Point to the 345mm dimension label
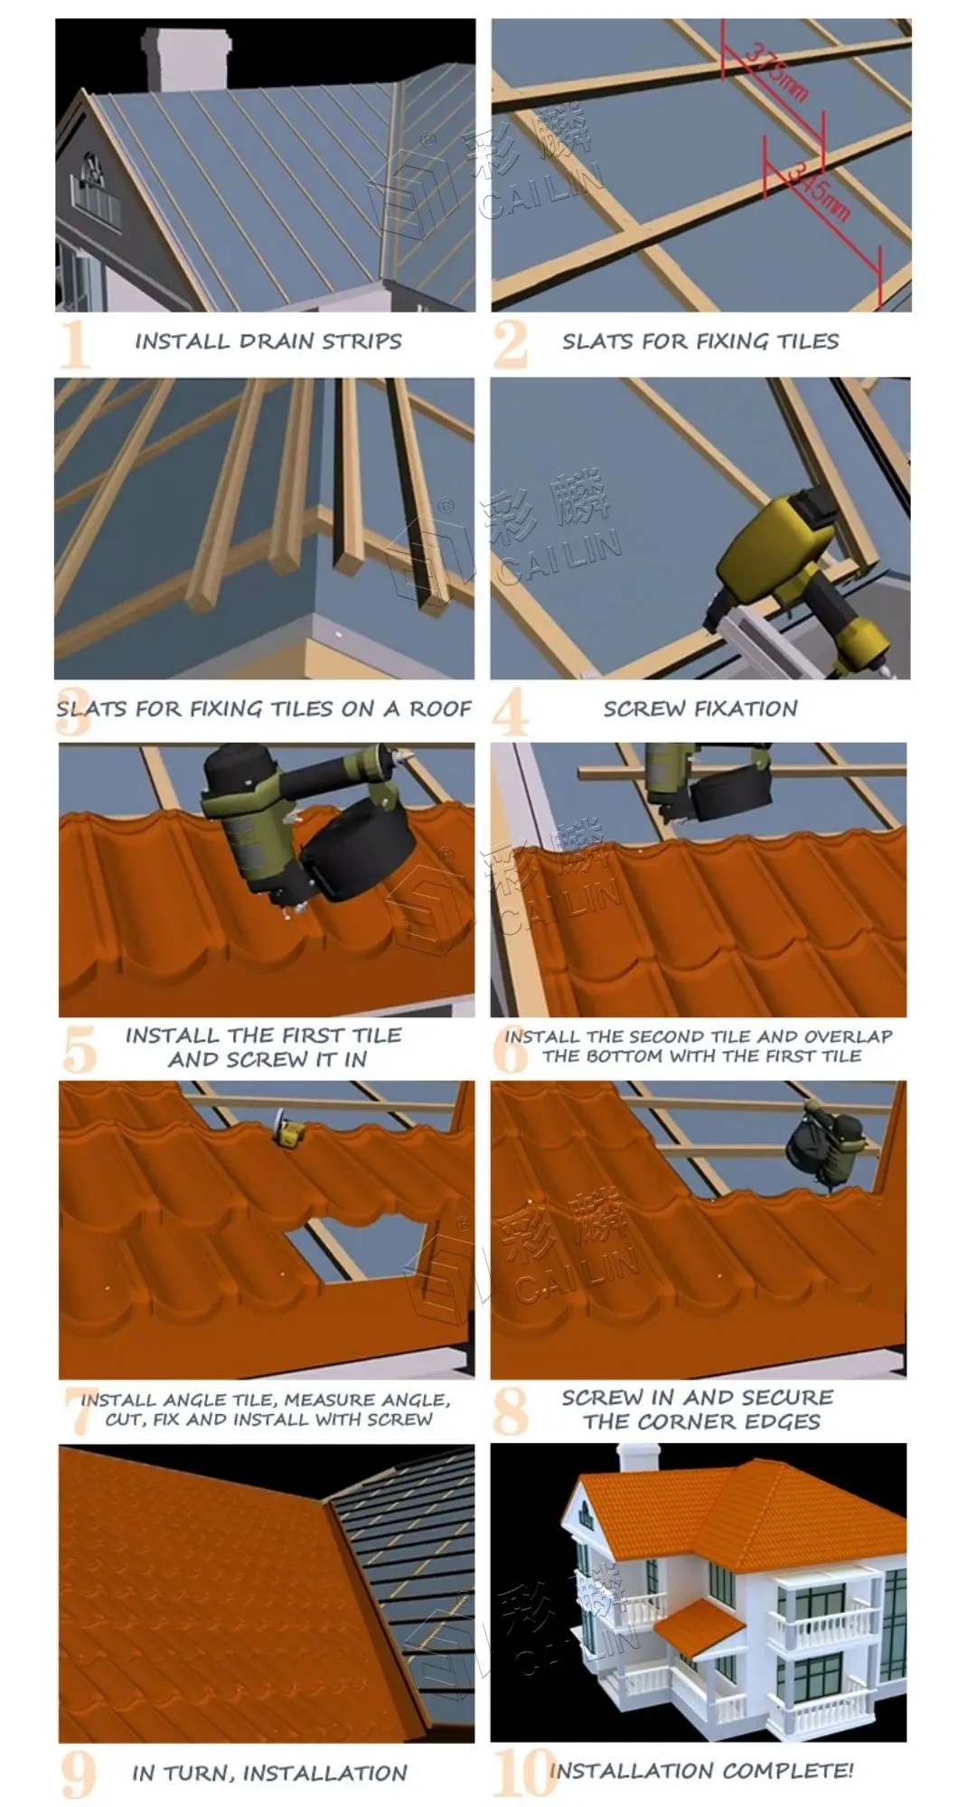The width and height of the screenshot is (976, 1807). click(x=819, y=190)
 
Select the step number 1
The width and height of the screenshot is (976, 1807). click(x=75, y=343)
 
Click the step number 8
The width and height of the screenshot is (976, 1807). click(x=511, y=1412)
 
